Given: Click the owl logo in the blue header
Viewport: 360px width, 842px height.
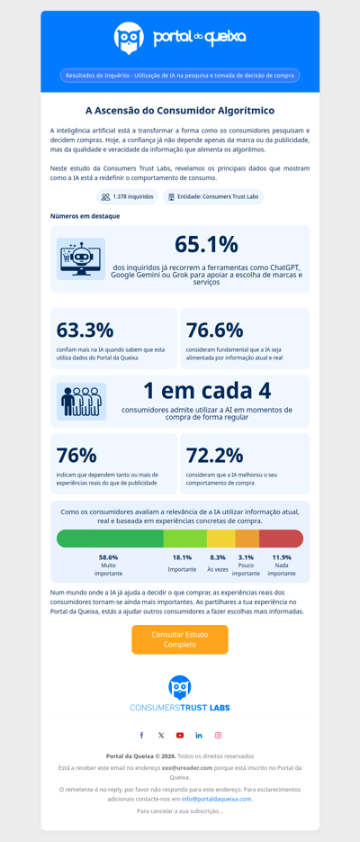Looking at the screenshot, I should (129, 38).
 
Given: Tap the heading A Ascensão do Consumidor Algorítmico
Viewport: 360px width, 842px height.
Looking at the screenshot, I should (180, 111).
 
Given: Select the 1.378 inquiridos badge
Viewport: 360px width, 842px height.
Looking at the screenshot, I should (127, 196).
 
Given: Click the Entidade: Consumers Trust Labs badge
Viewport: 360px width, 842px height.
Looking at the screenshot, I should (213, 196).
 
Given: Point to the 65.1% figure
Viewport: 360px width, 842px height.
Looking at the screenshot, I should (206, 244).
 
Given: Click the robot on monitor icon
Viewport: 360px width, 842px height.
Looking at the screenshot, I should (81, 258).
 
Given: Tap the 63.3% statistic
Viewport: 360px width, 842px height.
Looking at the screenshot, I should (85, 330).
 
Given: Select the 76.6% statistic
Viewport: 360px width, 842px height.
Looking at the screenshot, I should (214, 330).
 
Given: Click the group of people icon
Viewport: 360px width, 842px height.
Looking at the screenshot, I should (81, 402).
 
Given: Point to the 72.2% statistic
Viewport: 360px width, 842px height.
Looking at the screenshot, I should (214, 455).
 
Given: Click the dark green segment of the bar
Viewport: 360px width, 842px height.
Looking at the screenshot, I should (109, 539).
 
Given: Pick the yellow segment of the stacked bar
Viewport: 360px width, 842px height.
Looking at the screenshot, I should (220, 539).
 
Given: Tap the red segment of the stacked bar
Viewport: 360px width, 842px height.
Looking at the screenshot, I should (281, 539).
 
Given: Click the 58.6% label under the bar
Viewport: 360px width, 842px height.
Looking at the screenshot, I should (108, 557).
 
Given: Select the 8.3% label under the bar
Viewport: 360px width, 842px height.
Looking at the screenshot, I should (218, 557).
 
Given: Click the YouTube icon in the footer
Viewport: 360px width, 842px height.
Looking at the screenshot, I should (180, 736).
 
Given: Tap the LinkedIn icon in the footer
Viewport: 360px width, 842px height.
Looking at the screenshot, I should (199, 736).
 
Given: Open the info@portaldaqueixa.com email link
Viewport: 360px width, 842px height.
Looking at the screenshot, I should (216, 799).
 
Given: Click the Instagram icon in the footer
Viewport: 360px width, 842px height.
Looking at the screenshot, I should (218, 736).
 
